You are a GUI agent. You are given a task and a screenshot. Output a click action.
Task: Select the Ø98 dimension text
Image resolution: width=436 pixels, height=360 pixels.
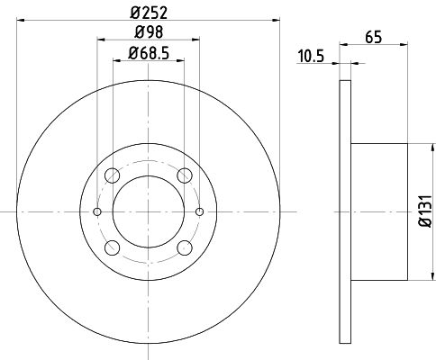(x=149, y=33)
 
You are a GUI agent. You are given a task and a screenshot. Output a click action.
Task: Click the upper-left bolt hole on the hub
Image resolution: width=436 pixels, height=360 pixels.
(x=112, y=175)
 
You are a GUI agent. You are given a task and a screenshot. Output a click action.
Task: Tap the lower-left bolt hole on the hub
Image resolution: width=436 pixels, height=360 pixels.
(x=112, y=247)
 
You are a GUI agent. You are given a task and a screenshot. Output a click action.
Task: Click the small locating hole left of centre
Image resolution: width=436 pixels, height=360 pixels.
(x=97, y=211)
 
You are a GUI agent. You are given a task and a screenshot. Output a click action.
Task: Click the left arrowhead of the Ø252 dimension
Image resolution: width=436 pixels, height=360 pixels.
(x=21, y=21)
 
